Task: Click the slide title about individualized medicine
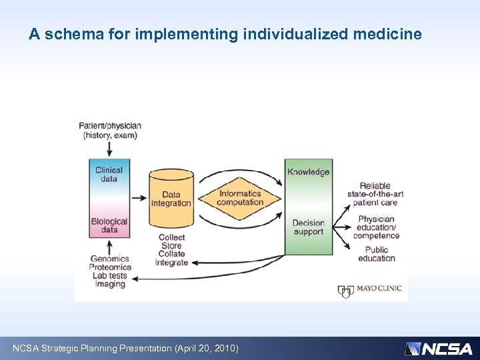tap(225, 34)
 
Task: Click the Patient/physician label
tap(110, 130)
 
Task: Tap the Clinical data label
tap(109, 174)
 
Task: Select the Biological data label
tap(109, 225)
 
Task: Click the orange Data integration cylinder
tap(171, 198)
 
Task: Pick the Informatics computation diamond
tap(240, 198)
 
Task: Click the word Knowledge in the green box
tap(308, 172)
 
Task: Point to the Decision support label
tap(308, 227)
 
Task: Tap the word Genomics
tap(109, 258)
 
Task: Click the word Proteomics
tap(111, 267)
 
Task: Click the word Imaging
tap(109, 284)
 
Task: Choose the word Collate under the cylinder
tap(171, 254)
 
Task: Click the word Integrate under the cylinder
tap(171, 263)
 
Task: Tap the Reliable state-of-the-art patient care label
tap(375, 194)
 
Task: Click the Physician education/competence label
tap(376, 227)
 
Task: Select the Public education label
tap(376, 254)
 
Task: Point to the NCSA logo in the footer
tap(439, 348)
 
